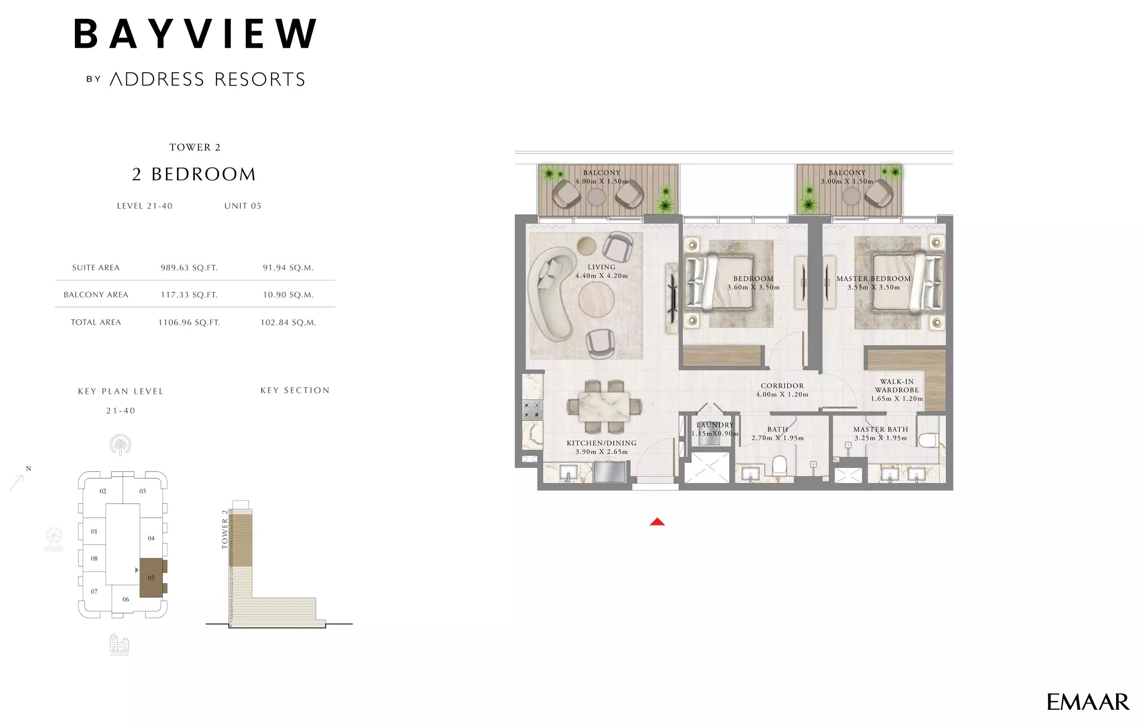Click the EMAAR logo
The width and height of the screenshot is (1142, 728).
coord(1087,702)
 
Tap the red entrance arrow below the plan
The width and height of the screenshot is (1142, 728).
coord(657,522)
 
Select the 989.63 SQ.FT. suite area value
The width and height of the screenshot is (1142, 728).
coord(189,268)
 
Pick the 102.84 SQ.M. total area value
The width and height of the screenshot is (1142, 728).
coord(288,322)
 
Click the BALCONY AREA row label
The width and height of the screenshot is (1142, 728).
coord(96,295)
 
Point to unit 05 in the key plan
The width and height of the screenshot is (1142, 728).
coord(151,578)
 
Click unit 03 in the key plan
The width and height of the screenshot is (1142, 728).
coord(142,491)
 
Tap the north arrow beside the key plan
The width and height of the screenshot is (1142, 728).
coord(18,481)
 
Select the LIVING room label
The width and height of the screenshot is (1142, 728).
coord(601,267)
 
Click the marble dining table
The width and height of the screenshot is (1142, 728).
coord(604,406)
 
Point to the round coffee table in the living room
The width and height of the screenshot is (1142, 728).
coord(596,299)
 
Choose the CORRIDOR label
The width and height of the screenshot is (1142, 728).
coord(782,386)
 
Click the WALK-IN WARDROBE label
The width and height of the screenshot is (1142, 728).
coord(897,386)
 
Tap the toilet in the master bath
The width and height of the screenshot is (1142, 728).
coord(928,440)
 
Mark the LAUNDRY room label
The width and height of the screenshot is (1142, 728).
coord(715,425)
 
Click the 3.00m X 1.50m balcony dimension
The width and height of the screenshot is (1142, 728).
coord(847,181)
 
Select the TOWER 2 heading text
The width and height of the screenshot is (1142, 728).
coord(195,148)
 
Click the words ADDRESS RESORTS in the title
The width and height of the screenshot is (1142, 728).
coord(207,80)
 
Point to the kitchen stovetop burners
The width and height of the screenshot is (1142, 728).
coord(532,410)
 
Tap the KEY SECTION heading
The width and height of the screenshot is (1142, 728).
coord(295,391)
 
